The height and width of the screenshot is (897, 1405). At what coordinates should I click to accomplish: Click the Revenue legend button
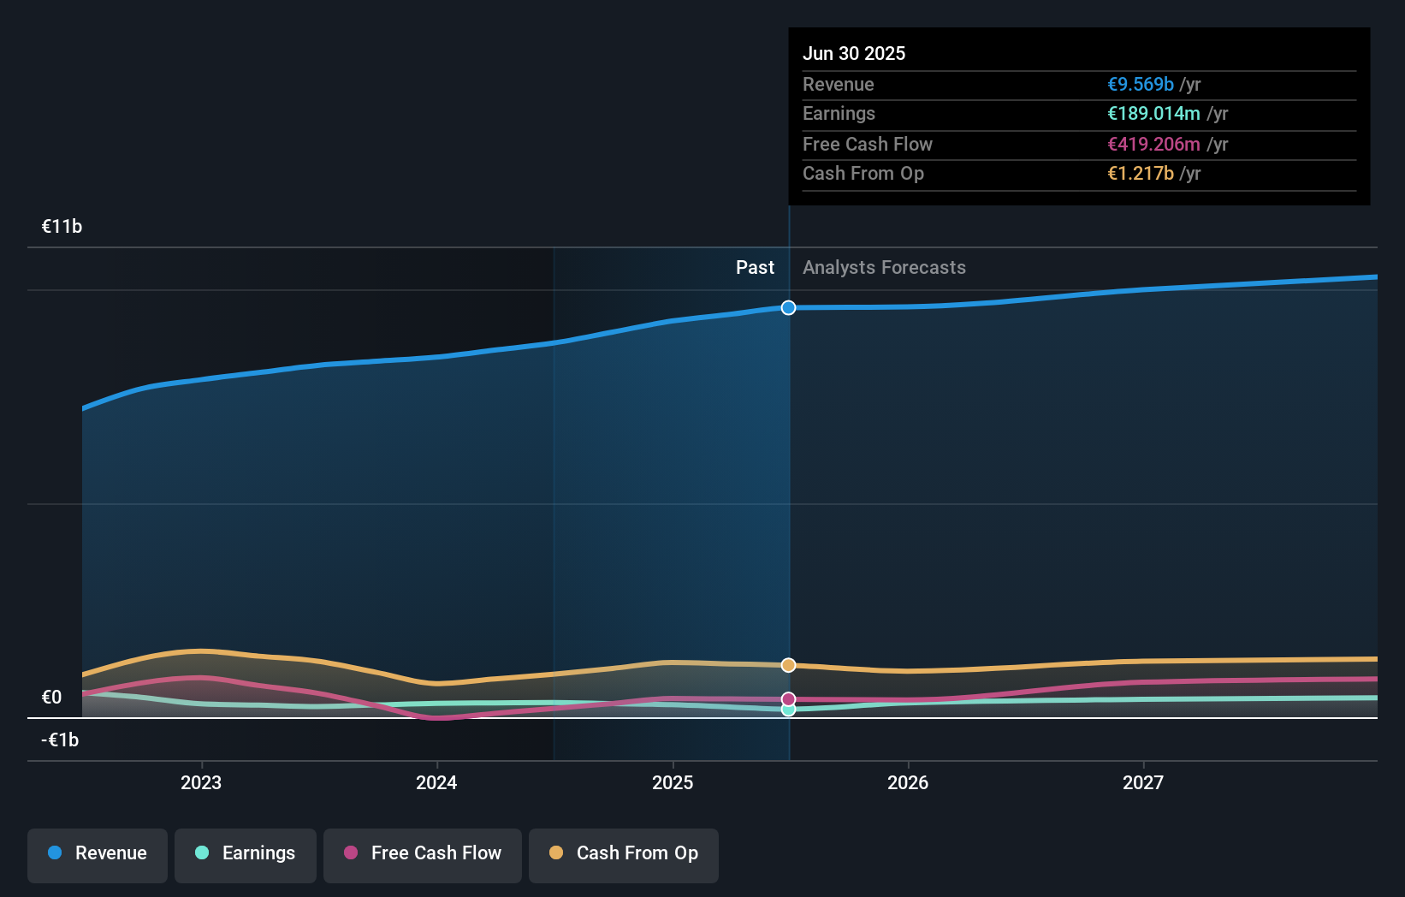tap(98, 853)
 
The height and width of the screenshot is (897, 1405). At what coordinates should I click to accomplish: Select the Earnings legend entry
tap(246, 853)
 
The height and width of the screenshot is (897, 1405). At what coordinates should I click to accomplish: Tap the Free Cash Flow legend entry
tap(423, 853)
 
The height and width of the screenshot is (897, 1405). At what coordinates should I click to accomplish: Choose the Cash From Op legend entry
tap(624, 853)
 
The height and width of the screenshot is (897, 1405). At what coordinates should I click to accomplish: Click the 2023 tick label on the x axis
tap(201, 783)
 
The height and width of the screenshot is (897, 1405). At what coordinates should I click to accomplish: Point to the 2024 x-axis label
tap(436, 783)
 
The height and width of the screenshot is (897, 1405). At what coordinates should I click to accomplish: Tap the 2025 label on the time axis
tap(673, 783)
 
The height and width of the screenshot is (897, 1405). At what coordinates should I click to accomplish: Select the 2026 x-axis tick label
tap(908, 783)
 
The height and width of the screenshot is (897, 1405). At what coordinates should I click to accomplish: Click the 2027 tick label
tap(1143, 783)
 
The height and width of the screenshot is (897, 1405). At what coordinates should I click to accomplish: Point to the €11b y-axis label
tap(62, 227)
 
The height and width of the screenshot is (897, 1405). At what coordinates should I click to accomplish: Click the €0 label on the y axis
tap(52, 698)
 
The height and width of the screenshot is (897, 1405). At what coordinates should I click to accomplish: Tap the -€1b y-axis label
tap(60, 740)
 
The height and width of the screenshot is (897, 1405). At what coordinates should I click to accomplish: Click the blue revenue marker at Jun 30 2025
tap(789, 308)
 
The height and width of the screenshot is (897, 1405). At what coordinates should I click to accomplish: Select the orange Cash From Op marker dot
tap(789, 665)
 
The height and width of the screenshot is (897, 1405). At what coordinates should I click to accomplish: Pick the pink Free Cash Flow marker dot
tap(789, 699)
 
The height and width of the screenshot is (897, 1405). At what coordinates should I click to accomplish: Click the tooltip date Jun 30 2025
tap(854, 54)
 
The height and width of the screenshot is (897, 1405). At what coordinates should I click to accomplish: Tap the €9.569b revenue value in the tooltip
tap(1141, 85)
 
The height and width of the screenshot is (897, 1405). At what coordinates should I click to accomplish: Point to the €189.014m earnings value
tap(1153, 114)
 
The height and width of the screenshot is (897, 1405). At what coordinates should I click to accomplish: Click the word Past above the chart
tap(755, 268)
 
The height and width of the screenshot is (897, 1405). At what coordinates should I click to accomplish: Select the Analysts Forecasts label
tap(884, 268)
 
